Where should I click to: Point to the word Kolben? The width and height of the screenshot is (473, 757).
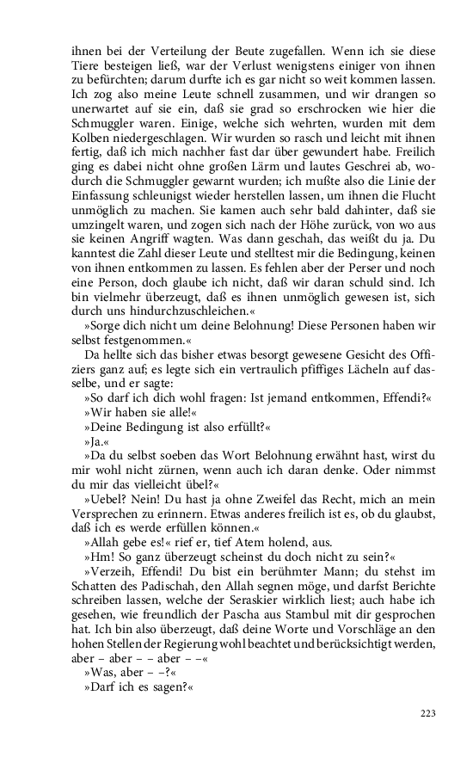point(92,160)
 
